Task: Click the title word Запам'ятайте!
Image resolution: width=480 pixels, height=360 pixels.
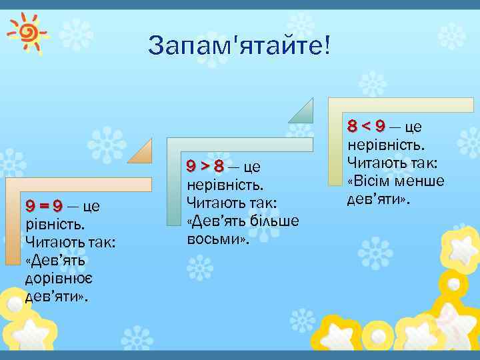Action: (239, 47)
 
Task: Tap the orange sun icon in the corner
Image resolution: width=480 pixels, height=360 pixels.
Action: (27, 30)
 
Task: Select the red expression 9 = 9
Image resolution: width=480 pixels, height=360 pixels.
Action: (44, 205)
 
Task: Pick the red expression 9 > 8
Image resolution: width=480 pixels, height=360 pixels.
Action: (205, 165)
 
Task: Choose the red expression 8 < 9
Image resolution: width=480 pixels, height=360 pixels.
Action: (366, 126)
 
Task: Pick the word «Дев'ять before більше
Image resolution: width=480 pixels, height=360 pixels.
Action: (215, 220)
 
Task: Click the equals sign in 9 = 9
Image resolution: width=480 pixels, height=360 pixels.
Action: (44, 205)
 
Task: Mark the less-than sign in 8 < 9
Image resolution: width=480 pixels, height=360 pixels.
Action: (366, 126)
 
